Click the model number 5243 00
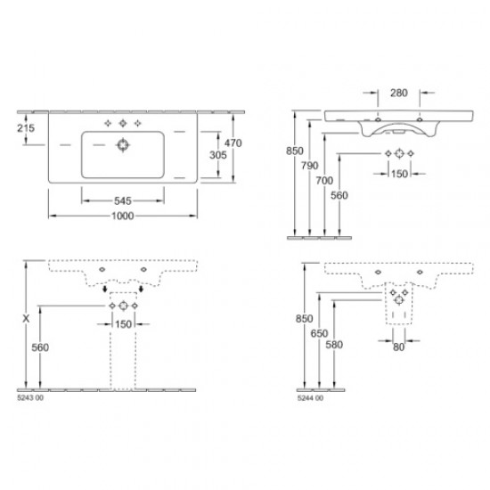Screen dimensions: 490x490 click(31, 400)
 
